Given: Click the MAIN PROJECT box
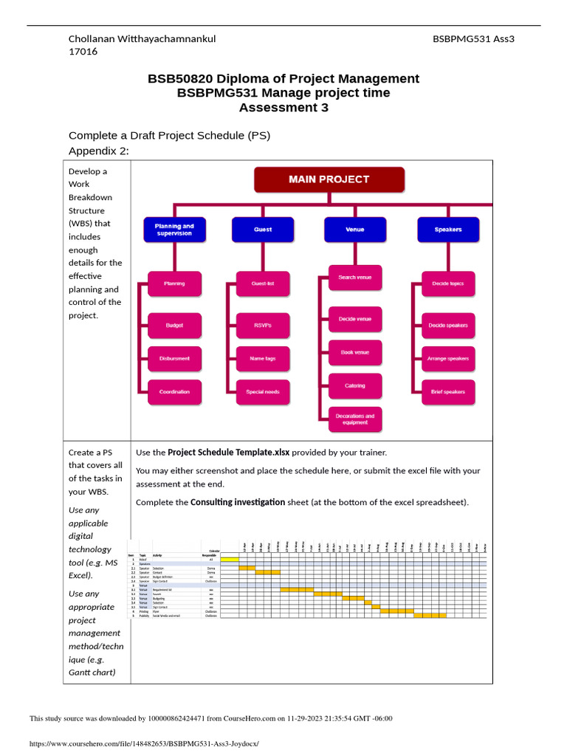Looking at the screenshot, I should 329,179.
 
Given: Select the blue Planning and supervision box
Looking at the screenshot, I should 174,230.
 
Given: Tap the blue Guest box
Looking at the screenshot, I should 263,230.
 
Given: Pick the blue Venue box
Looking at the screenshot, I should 355,230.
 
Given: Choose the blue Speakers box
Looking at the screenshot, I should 447,230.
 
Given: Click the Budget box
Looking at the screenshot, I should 174,325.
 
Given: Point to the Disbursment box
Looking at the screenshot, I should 174,359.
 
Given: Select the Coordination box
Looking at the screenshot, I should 174,392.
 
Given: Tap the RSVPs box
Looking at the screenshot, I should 263,325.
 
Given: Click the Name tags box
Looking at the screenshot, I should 263,359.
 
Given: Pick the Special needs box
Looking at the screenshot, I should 263,392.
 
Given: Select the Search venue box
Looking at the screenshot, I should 355,278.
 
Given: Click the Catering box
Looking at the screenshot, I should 355,386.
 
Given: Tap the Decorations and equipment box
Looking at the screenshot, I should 355,419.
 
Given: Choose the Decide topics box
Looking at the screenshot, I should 447,283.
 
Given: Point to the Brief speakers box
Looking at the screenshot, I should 447,392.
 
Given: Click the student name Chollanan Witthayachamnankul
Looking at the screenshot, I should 142,38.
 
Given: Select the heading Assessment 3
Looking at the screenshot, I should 283,108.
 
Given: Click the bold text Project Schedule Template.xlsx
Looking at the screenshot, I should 229,452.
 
